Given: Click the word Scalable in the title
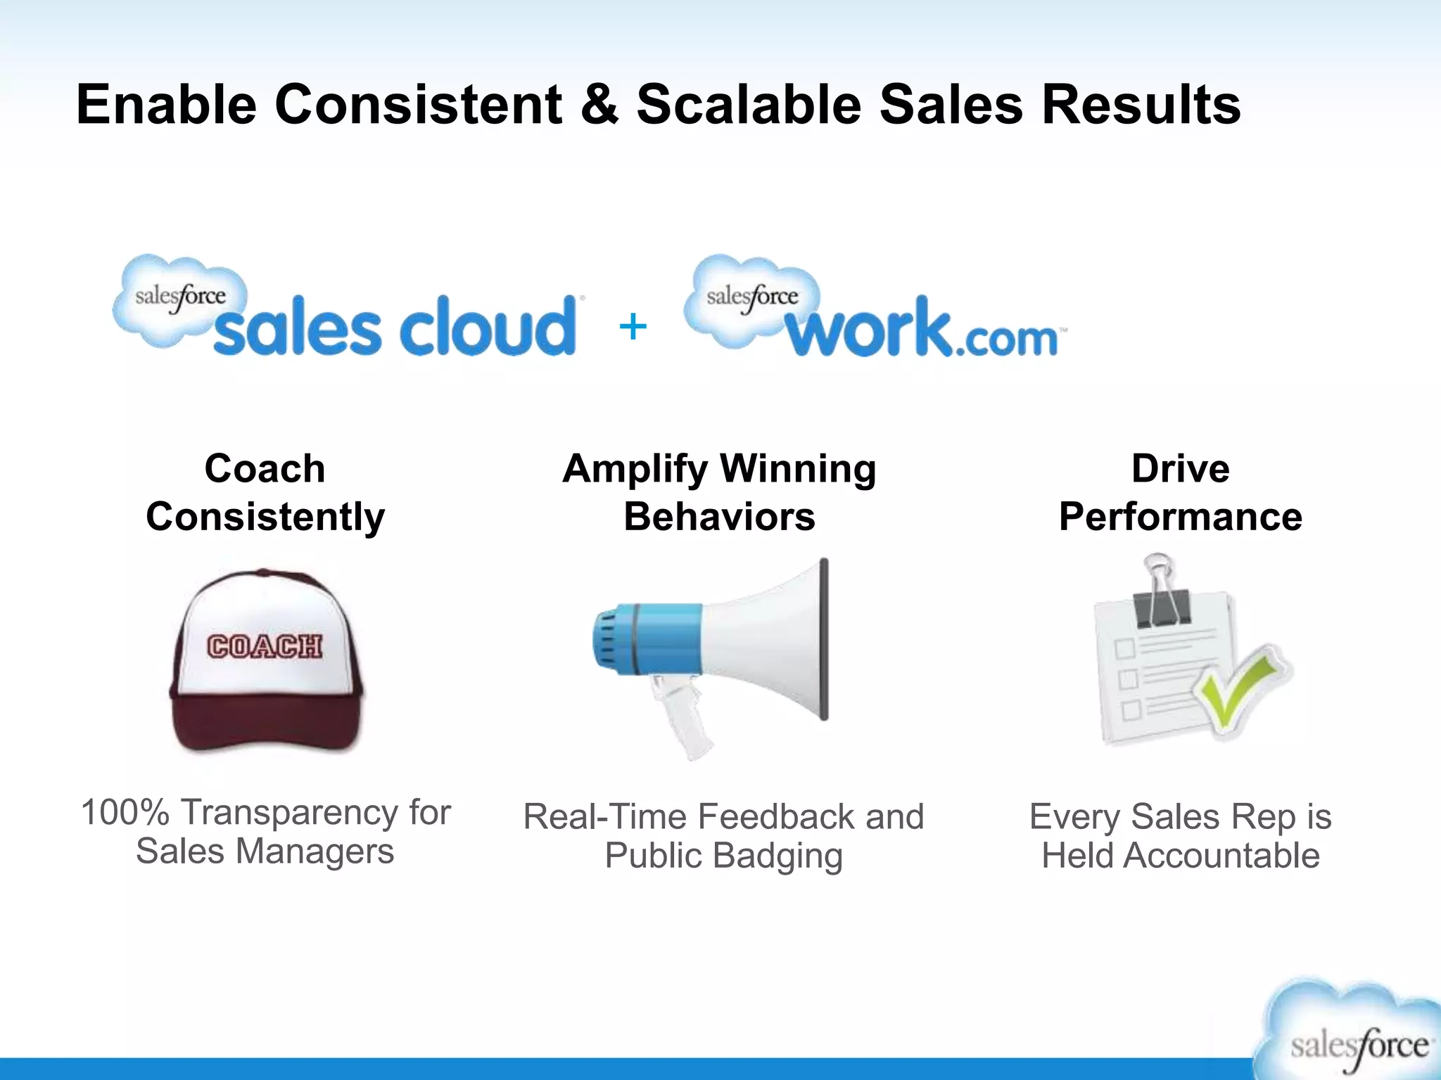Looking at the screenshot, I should point(749,105).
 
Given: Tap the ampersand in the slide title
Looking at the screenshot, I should point(599,105).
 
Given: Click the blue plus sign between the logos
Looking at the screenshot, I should point(633,327).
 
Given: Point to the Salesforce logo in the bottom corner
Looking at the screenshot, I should point(1354,1034).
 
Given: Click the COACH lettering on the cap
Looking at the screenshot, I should point(265,646).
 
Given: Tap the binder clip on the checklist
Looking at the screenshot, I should point(1161,594).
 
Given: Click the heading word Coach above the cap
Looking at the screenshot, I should point(265,468).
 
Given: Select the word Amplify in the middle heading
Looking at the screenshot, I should point(635,470).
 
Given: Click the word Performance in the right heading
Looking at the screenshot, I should point(1180,517).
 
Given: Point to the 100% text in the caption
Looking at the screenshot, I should point(125,812).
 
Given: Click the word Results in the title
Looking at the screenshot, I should point(1141,105).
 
